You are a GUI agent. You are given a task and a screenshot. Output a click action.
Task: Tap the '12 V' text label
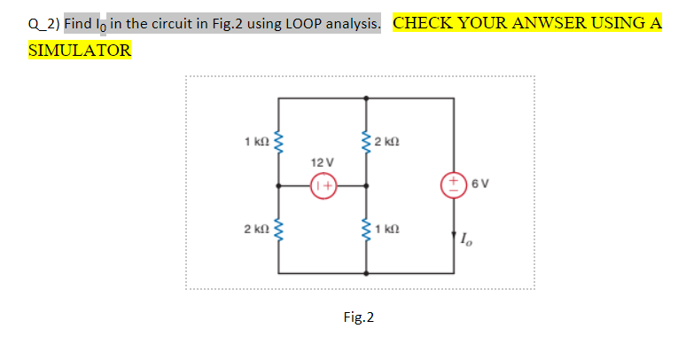(x=323, y=162)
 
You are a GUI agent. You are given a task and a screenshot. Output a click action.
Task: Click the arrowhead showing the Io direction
(x=455, y=234)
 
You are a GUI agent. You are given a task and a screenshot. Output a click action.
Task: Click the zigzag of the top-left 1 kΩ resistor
(x=280, y=142)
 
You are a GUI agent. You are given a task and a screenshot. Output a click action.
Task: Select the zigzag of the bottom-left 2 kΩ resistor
(x=280, y=231)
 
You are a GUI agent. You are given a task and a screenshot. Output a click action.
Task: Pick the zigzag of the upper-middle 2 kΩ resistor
(x=366, y=142)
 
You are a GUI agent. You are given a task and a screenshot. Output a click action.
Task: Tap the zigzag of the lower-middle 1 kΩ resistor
(x=366, y=231)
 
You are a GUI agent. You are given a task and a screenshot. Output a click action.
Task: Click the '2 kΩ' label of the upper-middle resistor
(x=388, y=142)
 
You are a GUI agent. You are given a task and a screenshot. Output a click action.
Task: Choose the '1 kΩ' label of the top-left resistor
(x=256, y=142)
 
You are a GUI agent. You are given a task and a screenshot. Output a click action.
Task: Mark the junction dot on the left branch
(x=280, y=186)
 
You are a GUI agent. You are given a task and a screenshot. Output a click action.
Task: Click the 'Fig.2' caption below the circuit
(x=358, y=317)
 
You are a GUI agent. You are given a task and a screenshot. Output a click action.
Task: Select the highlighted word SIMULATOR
(x=80, y=51)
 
